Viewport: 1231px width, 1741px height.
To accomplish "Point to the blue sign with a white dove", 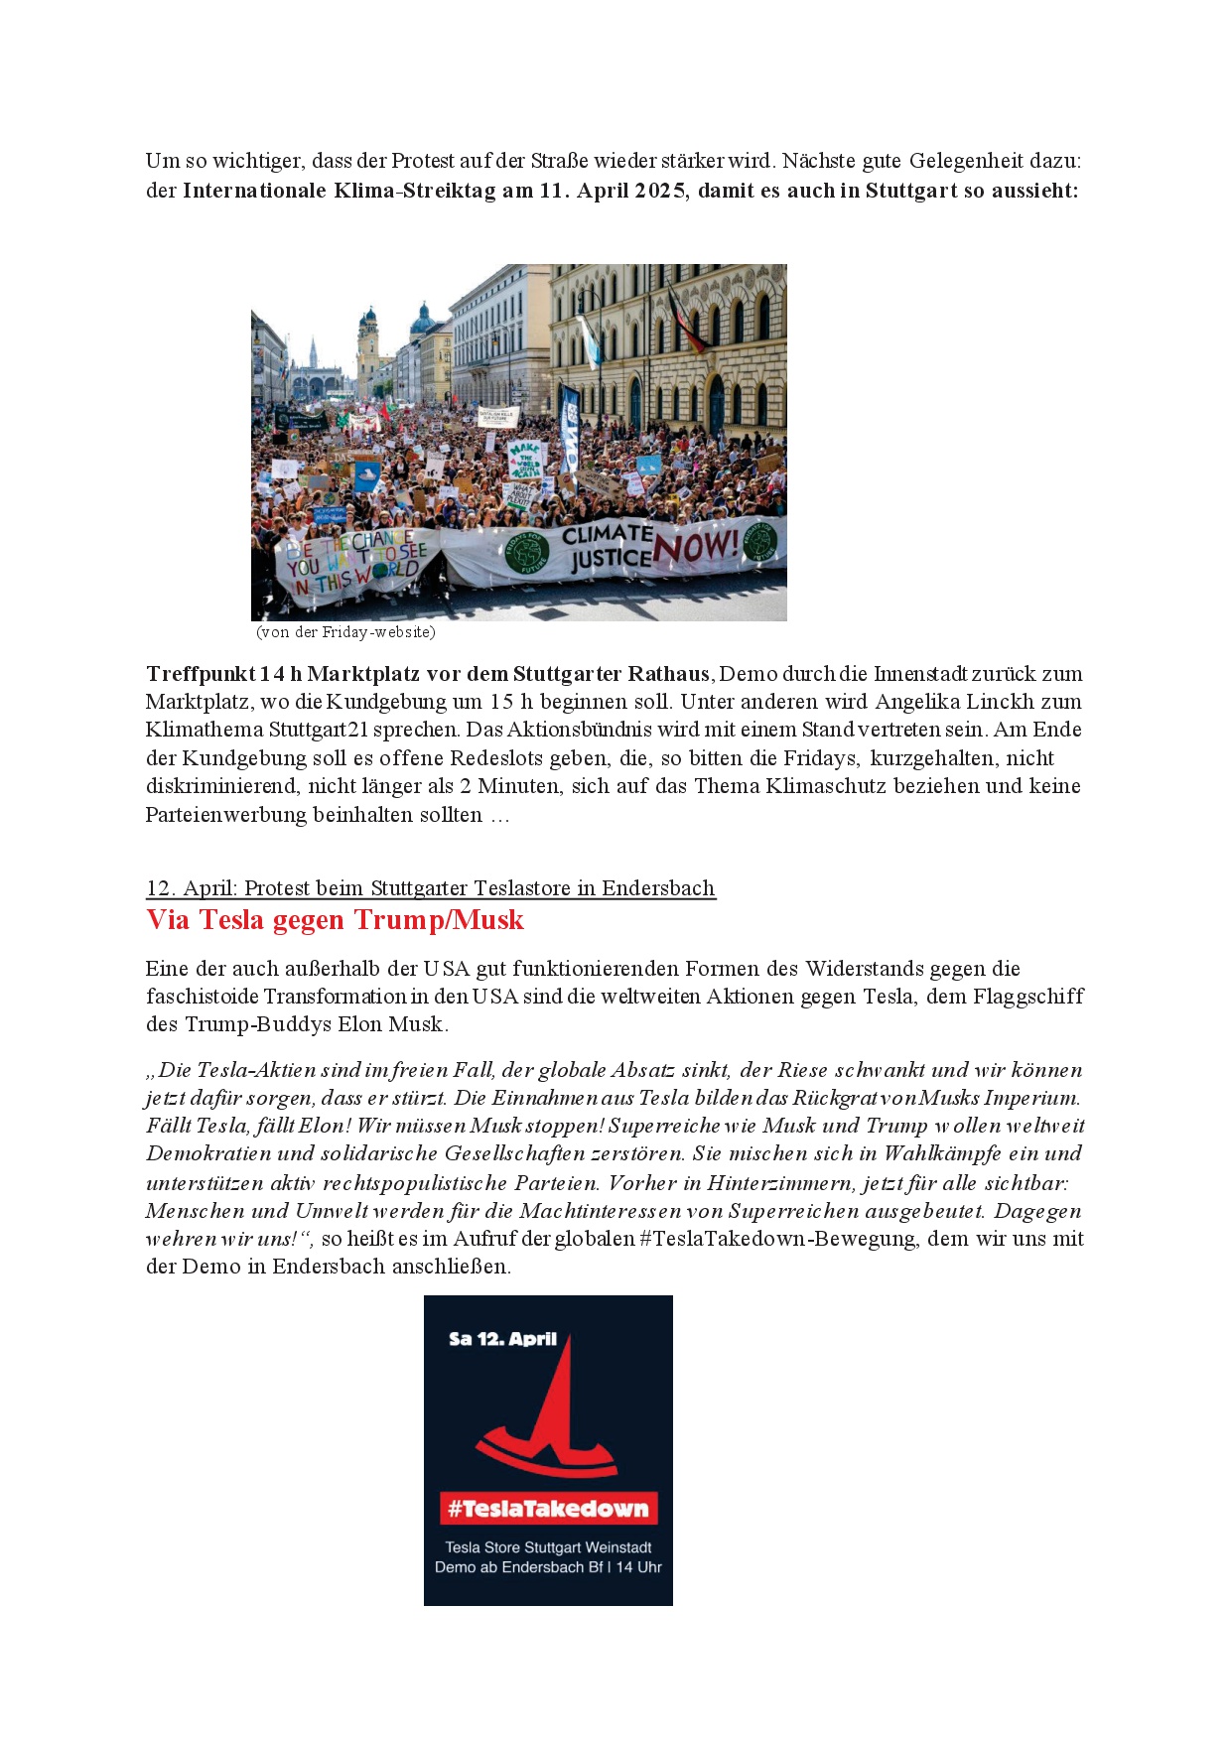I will click(x=366, y=475).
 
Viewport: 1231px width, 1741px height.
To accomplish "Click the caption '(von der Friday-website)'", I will click(x=345, y=632).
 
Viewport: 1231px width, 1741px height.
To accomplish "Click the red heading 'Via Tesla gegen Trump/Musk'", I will click(x=335, y=920).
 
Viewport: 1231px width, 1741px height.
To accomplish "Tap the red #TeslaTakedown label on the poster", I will click(x=548, y=1509).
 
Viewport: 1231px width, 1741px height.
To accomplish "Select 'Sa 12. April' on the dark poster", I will click(x=502, y=1339).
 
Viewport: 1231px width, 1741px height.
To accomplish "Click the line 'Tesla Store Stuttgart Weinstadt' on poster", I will click(x=548, y=1547).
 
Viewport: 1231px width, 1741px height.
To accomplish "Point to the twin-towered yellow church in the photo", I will click(x=368, y=352).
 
